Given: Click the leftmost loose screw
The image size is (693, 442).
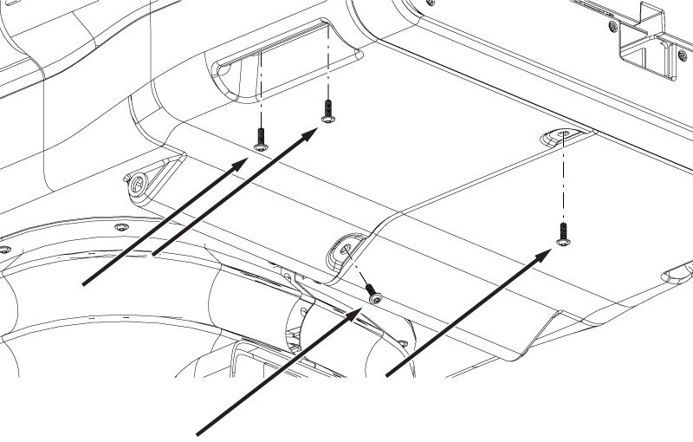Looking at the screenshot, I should click(x=260, y=137).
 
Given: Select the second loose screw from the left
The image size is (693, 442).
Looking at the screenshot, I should click(x=327, y=111).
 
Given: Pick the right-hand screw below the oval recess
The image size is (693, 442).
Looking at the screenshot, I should click(x=563, y=233).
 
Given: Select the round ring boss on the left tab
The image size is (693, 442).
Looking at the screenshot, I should click(x=139, y=182).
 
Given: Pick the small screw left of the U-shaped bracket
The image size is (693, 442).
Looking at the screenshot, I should click(x=613, y=27).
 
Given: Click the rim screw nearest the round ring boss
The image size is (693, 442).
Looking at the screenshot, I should click(x=120, y=226).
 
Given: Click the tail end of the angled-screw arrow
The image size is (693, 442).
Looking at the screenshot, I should click(x=201, y=433).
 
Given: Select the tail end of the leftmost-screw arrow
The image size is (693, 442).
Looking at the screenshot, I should click(x=84, y=283).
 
